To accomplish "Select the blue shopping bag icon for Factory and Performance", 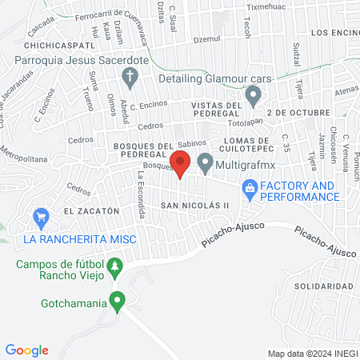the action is pos(250,190).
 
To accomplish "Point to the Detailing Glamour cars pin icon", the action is pos(254,97).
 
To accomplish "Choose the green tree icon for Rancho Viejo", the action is pos(116,266).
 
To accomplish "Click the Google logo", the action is pos(26,350).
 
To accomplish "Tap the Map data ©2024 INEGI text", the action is pos(312,353).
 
